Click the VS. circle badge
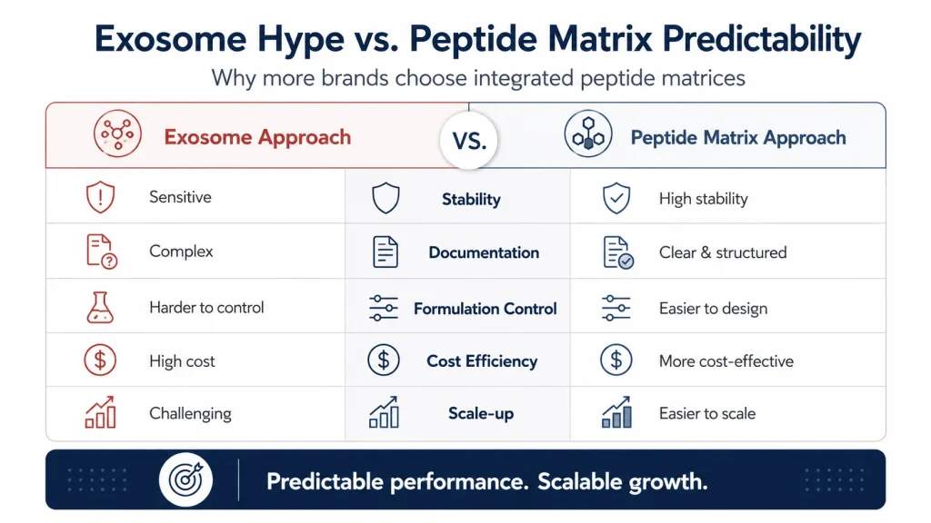coord(469,141)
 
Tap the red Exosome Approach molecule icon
coord(117,133)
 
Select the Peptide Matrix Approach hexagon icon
coord(588,133)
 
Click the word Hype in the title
coord(300,40)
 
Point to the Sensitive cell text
coord(180,197)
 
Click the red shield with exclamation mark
coord(100,197)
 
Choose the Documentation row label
coord(484,252)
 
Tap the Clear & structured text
coord(723,252)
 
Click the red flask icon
coord(100,307)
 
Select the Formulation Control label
coord(486,309)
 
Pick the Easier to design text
coord(713,309)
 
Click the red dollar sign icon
coord(100,360)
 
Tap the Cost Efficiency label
coord(482,361)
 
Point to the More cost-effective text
coord(726,361)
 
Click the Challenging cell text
coord(190,413)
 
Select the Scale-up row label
coord(481,413)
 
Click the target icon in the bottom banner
coord(185,479)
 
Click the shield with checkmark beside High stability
coord(616,198)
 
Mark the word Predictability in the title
coord(762,40)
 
